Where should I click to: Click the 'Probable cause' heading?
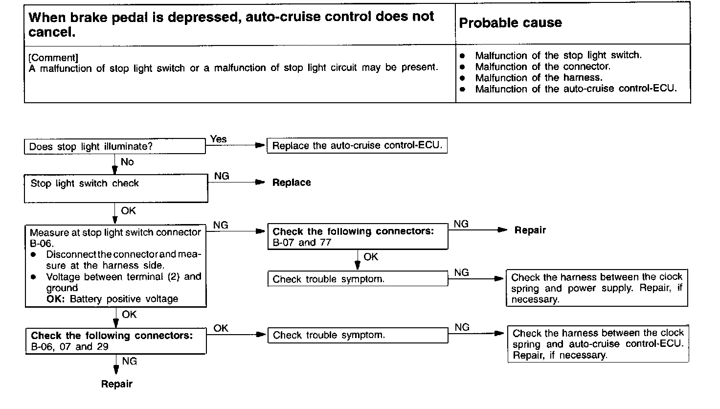click(x=511, y=23)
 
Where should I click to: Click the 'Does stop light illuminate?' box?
click(x=115, y=147)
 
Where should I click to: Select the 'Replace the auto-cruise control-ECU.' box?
click(x=357, y=146)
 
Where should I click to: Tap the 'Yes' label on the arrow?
click(x=218, y=139)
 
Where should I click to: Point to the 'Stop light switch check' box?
click(x=116, y=189)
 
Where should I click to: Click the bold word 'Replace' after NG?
click(x=292, y=182)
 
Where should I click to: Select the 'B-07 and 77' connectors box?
click(x=358, y=237)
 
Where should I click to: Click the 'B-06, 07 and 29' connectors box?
click(x=116, y=341)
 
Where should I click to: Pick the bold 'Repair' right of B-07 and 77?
click(x=530, y=230)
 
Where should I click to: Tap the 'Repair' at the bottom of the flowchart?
click(x=116, y=384)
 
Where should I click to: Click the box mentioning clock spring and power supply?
click(x=597, y=288)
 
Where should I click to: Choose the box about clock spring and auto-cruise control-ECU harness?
click(x=598, y=344)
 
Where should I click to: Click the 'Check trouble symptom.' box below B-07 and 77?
click(x=358, y=279)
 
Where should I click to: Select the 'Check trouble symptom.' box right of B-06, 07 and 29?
click(x=358, y=335)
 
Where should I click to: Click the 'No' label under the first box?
click(x=127, y=161)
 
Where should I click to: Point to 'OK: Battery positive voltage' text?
click(x=112, y=299)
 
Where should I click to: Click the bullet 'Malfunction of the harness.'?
click(x=539, y=78)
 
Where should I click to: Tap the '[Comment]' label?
click(x=53, y=58)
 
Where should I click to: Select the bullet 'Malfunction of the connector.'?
click(x=542, y=67)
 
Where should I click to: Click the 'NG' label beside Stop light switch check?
click(x=222, y=176)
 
